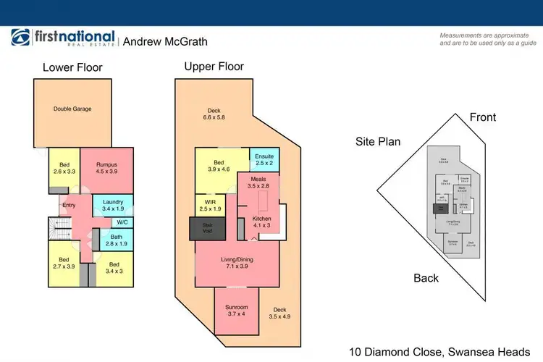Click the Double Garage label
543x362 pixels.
click(72, 109)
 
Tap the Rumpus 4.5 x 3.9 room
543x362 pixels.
click(106, 169)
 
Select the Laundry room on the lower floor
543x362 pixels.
click(113, 206)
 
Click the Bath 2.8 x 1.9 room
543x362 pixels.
click(116, 238)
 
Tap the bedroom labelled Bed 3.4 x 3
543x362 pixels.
click(113, 268)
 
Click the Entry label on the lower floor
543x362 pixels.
click(69, 206)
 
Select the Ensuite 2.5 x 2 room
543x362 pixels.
click(264, 159)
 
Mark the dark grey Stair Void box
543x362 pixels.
click(208, 228)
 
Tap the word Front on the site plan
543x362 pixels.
click(483, 117)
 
